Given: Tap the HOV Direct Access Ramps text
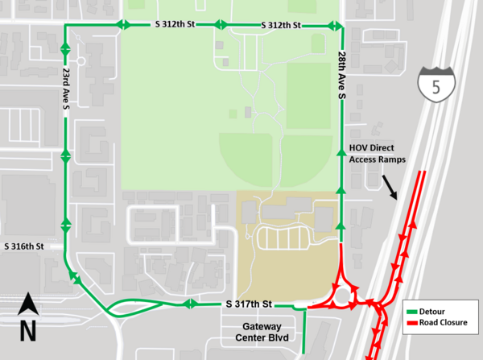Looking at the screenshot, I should coord(377,154).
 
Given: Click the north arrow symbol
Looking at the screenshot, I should coord(28,305).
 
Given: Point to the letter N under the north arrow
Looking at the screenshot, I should coord(28,329).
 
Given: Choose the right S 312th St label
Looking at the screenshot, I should coord(281,26).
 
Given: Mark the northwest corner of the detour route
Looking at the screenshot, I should coord(64,25).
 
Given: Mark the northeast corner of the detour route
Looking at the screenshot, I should coord(341,26).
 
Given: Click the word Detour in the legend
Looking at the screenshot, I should coord(432,312).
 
